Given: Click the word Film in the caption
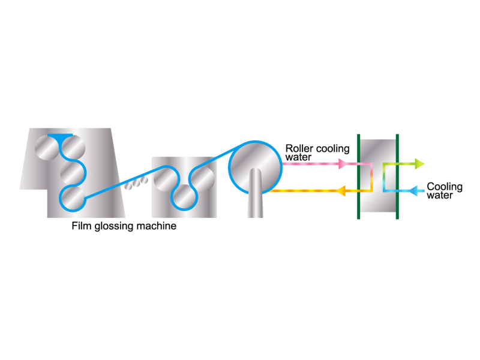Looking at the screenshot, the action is click(82, 226).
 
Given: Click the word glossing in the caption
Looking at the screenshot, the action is click(114, 227).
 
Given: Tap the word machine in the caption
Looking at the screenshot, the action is click(157, 226).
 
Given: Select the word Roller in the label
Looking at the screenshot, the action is click(299, 148).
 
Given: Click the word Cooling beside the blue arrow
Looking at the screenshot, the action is click(445, 187).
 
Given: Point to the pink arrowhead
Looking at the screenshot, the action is click(343, 164).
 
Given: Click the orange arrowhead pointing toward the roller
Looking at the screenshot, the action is click(341, 191).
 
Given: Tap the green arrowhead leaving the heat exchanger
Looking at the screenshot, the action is click(419, 164).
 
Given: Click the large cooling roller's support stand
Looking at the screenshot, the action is click(256, 193).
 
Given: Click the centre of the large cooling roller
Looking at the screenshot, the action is click(256, 167).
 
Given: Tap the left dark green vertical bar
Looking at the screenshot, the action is click(358, 176).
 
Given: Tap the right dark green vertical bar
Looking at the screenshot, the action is click(397, 176).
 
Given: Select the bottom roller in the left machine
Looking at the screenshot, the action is click(72, 198).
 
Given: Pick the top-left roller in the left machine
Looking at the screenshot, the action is click(47, 148).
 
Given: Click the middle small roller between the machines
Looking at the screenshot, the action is click(136, 182).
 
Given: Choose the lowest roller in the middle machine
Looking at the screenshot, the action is click(184, 197).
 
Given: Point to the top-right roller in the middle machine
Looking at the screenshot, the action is click(202, 179).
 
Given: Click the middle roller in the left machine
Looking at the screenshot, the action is click(72, 173).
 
